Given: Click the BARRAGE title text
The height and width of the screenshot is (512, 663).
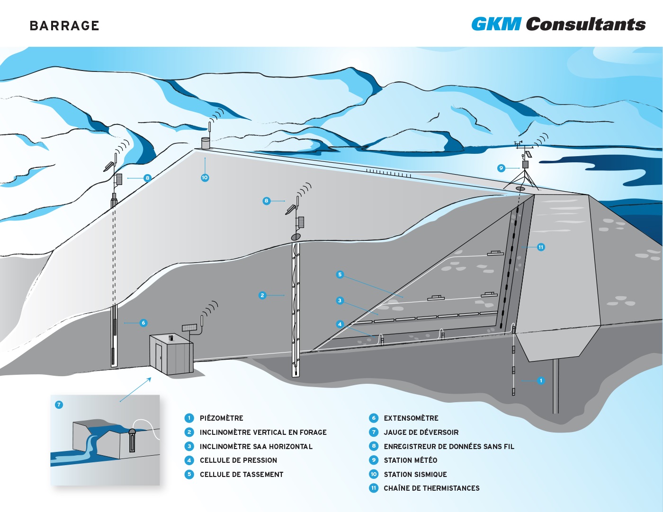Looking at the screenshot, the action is pos(64,26).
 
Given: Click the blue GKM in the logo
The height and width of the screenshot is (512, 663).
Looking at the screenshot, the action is pos(496,24).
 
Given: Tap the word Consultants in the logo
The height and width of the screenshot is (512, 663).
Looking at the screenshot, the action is pos(586,24).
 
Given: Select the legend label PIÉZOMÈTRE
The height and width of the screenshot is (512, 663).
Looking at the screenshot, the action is pos(222,418).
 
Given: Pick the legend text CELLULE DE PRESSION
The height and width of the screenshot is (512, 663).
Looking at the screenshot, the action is pos(238,460).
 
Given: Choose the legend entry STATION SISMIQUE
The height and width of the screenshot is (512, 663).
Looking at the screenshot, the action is pos(415,474).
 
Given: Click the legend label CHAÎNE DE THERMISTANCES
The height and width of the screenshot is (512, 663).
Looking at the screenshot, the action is pos(432,488).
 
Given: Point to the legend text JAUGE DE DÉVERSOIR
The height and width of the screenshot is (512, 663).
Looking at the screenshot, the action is pos(421,432).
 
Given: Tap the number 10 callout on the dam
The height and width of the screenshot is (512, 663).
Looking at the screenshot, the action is pos(205,177).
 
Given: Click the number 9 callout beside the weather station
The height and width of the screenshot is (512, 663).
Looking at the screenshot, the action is pos(501,168).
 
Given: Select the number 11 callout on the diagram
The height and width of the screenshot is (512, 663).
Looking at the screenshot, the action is pos(541,247).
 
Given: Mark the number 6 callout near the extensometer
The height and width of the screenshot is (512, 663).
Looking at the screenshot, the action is pos(143,323).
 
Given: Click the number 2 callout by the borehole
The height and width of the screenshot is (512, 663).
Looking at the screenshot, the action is pos(262,295).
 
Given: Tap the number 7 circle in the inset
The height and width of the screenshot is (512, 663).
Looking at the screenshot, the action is pos(59,405).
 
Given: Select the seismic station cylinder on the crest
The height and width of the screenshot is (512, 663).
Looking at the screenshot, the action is pos(206,143).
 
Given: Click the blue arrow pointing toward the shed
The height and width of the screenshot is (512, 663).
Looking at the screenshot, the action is pos(135,389).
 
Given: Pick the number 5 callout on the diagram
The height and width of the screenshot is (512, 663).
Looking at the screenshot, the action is pos(340,274).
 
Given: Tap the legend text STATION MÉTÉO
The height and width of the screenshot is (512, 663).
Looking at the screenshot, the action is pos(411,460).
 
